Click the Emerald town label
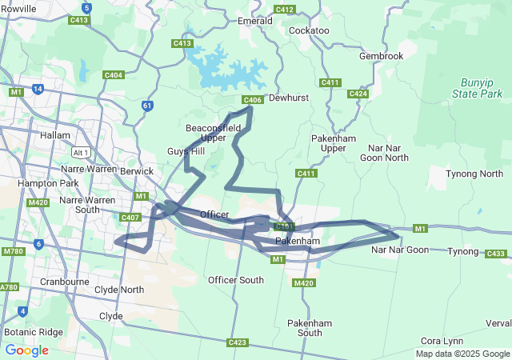tap(255, 21)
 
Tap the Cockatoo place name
tap(309, 30)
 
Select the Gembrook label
tap(382, 56)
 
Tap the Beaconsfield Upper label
tap(206, 133)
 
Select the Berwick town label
tap(136, 171)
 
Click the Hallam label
tap(55, 135)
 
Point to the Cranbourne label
tap(63, 282)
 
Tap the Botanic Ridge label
tap(33, 331)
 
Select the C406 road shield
tap(252, 100)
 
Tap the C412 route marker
tap(284, 10)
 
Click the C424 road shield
tap(358, 94)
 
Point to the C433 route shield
tap(496, 254)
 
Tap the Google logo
tap(26, 350)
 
